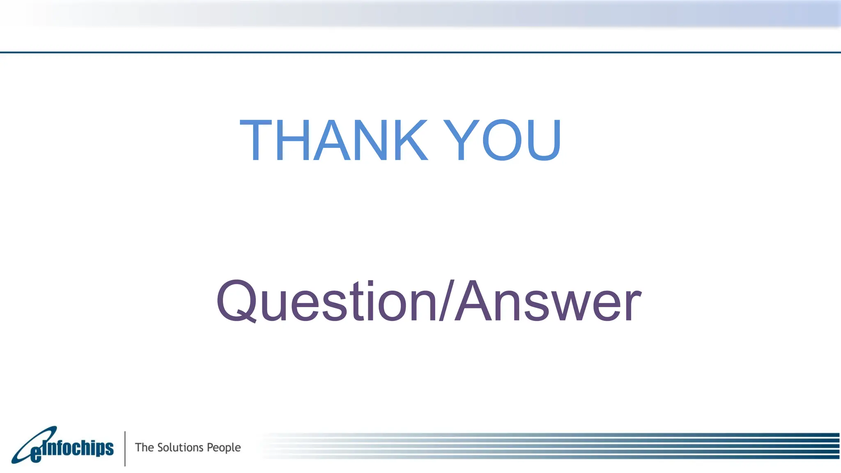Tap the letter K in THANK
[406, 140]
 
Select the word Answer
[548, 301]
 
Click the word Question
[326, 301]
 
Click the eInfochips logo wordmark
[78, 448]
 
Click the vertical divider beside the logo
[125, 448]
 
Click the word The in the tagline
[144, 447]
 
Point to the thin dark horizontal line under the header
[420, 52]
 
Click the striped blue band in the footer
[575, 445]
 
